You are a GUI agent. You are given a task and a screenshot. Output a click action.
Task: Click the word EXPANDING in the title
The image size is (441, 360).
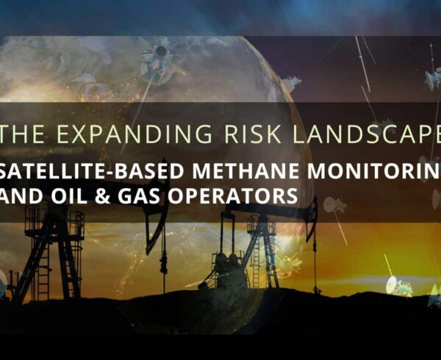coord(132,134)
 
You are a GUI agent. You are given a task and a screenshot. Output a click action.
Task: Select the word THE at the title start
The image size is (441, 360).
coord(22,134)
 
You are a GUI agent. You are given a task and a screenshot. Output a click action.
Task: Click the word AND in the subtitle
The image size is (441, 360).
coord(21,195)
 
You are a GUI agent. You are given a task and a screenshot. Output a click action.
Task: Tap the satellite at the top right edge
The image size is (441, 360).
coord(433,78)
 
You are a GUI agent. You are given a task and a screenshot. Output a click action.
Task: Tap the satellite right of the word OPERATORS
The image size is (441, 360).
coord(334,206)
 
